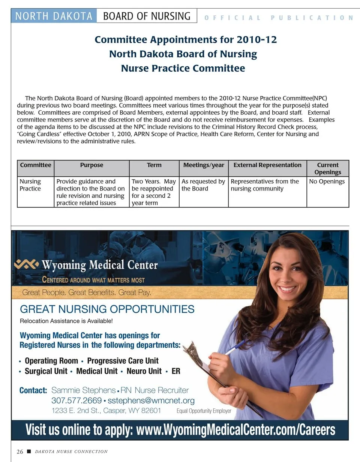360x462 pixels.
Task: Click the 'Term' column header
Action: (154, 165)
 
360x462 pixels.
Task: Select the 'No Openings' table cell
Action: (327, 181)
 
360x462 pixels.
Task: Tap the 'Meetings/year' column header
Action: (204, 165)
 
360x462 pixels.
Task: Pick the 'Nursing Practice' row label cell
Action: (30, 185)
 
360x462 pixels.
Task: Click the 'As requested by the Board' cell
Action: (203, 185)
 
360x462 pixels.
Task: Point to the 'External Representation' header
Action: (267, 165)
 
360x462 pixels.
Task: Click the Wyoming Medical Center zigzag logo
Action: (26, 264)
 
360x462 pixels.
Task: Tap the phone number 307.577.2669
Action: (76, 400)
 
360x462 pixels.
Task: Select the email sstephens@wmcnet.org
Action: (151, 400)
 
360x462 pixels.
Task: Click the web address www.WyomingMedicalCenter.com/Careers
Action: (235, 430)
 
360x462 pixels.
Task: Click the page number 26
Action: (20, 451)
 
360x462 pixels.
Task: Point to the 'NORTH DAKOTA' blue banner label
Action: (54, 16)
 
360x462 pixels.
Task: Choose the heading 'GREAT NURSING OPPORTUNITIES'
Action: (107, 309)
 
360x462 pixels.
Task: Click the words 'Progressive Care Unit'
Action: (123, 361)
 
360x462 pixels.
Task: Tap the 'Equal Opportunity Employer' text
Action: (204, 411)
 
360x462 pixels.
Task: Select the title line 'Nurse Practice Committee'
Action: (183, 68)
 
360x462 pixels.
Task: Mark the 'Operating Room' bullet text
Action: (51, 361)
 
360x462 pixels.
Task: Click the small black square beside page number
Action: (28, 451)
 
